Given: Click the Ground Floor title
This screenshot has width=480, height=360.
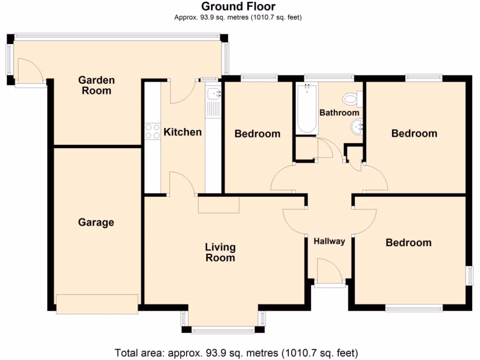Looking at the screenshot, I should [238, 7].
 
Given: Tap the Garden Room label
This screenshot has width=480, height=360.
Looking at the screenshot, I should [96, 85].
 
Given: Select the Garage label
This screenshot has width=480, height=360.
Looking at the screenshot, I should [96, 222].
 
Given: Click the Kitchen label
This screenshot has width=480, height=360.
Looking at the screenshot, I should [182, 132].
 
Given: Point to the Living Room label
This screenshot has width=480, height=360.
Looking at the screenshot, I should [220, 252].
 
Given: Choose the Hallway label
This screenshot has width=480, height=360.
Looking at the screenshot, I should [329, 241].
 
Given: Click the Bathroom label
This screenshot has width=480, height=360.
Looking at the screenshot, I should [339, 113].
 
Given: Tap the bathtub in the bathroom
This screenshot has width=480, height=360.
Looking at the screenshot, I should [307, 109].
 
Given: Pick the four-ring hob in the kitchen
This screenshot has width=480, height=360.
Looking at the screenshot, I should [152, 131].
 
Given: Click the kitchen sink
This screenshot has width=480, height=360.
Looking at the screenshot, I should [213, 94].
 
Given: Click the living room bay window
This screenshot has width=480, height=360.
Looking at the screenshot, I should [223, 328].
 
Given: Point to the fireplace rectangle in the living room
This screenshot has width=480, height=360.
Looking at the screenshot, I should [219, 205].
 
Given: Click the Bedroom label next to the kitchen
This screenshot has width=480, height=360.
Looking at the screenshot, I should [257, 134].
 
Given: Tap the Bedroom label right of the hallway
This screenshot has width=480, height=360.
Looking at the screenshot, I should [408, 243].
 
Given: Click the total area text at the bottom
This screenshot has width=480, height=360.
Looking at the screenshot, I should [237, 352].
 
